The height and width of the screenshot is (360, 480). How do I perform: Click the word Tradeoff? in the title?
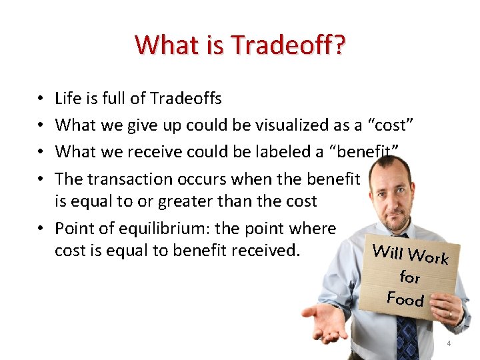tap(288, 45)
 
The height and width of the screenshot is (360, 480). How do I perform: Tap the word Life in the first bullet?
tap(68, 99)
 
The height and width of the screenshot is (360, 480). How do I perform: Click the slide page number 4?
tap(449, 344)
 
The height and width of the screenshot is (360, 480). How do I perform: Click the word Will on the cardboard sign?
tap(387, 252)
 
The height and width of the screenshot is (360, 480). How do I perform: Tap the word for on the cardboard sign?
tap(409, 275)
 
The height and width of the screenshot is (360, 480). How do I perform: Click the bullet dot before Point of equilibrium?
tap(41, 229)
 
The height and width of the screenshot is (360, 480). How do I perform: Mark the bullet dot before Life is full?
tap(41, 99)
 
